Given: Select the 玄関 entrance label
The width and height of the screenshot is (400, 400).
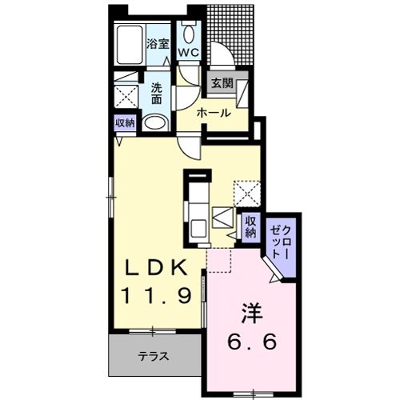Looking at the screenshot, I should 220,83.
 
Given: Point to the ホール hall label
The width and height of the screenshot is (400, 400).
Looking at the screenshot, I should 214,113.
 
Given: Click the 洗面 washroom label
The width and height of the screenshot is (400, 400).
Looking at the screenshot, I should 157,94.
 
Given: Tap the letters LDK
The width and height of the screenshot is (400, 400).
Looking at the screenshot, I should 155,266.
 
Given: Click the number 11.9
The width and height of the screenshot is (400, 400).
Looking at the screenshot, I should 155,296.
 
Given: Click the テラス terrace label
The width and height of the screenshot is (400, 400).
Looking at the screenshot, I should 151,356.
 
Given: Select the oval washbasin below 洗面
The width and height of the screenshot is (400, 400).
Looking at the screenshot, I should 156,123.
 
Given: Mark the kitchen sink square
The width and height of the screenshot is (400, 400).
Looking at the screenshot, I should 222,218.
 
